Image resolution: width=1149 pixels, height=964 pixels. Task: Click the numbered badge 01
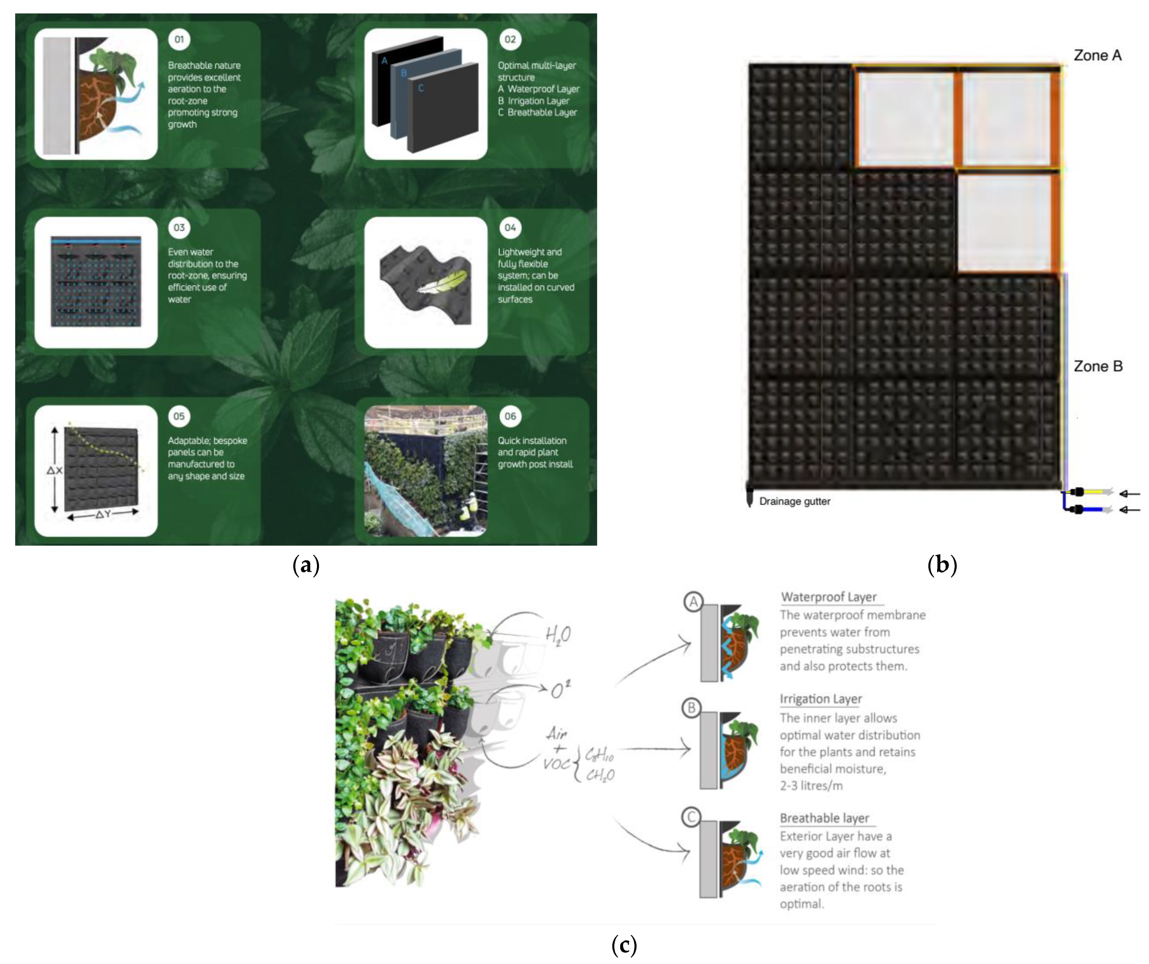click(x=179, y=39)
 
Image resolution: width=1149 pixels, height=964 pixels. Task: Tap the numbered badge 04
click(x=510, y=228)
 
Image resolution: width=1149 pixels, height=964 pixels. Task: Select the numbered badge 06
click(x=510, y=416)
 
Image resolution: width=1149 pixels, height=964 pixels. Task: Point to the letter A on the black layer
click(x=384, y=61)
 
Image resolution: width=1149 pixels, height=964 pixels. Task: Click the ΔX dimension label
click(x=55, y=470)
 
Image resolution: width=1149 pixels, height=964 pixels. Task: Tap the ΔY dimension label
click(x=103, y=514)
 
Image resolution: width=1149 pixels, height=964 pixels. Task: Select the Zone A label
click(x=1097, y=55)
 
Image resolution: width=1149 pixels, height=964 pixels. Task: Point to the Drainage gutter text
click(x=795, y=501)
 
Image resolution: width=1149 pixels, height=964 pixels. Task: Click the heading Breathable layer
click(x=824, y=818)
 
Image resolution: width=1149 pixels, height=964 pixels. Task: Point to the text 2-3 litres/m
click(x=811, y=786)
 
